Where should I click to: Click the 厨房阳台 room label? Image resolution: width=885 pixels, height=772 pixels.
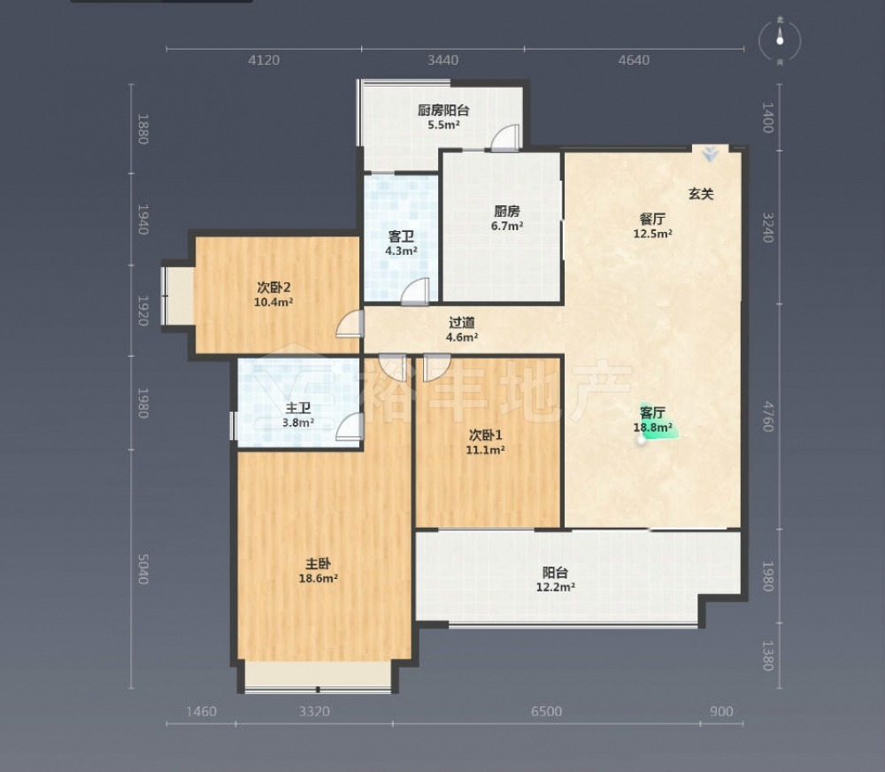click(443, 110)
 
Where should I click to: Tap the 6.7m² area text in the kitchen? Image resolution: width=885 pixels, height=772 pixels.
click(506, 226)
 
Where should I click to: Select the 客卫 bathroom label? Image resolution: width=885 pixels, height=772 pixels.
click(401, 236)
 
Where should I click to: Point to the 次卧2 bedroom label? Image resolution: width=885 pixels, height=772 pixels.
click(273, 288)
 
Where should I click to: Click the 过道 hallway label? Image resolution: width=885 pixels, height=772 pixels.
click(462, 322)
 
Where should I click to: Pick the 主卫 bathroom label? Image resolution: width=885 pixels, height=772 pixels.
click(298, 408)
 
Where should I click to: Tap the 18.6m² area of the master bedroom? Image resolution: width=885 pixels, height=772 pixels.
click(319, 578)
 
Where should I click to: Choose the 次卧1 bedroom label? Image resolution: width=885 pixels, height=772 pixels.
click(485, 436)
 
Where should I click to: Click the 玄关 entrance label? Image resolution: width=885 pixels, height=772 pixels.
click(701, 194)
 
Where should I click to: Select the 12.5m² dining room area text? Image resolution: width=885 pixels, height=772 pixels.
click(652, 234)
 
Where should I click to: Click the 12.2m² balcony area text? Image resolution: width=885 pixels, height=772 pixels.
click(556, 587)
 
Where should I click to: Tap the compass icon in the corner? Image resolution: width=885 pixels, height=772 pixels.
click(780, 40)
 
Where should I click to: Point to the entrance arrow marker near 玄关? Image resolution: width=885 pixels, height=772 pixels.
click(710, 154)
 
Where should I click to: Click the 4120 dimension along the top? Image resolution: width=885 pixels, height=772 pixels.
click(264, 60)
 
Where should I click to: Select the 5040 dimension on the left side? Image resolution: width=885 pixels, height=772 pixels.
click(142, 568)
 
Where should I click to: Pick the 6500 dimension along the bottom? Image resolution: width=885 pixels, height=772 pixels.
click(546, 711)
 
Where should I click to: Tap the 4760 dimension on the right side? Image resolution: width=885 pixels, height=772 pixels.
click(768, 416)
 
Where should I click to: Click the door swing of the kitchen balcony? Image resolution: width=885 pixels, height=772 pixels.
click(504, 138)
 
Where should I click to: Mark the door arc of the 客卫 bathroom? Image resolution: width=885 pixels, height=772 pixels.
click(415, 292)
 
